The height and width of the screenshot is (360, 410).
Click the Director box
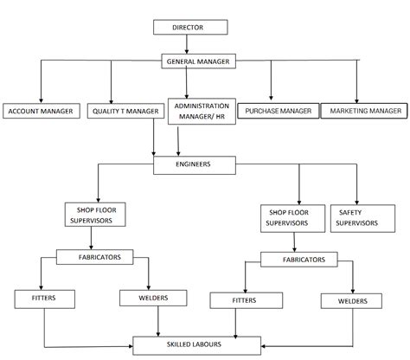pos(190,27)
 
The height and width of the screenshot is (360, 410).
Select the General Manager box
pos(198,61)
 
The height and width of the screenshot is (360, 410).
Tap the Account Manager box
pos(42,111)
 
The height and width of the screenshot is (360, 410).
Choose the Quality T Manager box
pos(125,111)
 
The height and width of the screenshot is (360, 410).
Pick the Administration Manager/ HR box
pos(202,112)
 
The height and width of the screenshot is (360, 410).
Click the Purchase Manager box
pos(279,111)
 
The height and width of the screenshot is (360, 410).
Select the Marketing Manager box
pos(364,111)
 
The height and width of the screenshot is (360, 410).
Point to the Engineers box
pos(195,165)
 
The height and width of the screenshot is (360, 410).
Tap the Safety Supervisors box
pos(362,218)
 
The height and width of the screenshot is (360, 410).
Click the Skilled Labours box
pos(196,345)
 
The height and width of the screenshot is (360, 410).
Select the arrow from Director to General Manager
pos(187,44)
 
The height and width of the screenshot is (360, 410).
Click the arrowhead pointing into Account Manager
pos(41,100)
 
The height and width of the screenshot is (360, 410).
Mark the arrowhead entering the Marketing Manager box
pos(356,100)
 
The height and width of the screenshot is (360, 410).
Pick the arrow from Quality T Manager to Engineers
pos(153,138)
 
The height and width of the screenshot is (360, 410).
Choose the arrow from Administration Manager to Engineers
pos(178,142)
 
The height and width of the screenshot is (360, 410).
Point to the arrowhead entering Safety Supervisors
pos(356,202)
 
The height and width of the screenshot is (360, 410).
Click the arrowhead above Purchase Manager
pos(271,98)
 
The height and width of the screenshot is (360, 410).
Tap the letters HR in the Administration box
pos(220,117)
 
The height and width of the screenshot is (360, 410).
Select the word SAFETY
pos(350,213)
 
